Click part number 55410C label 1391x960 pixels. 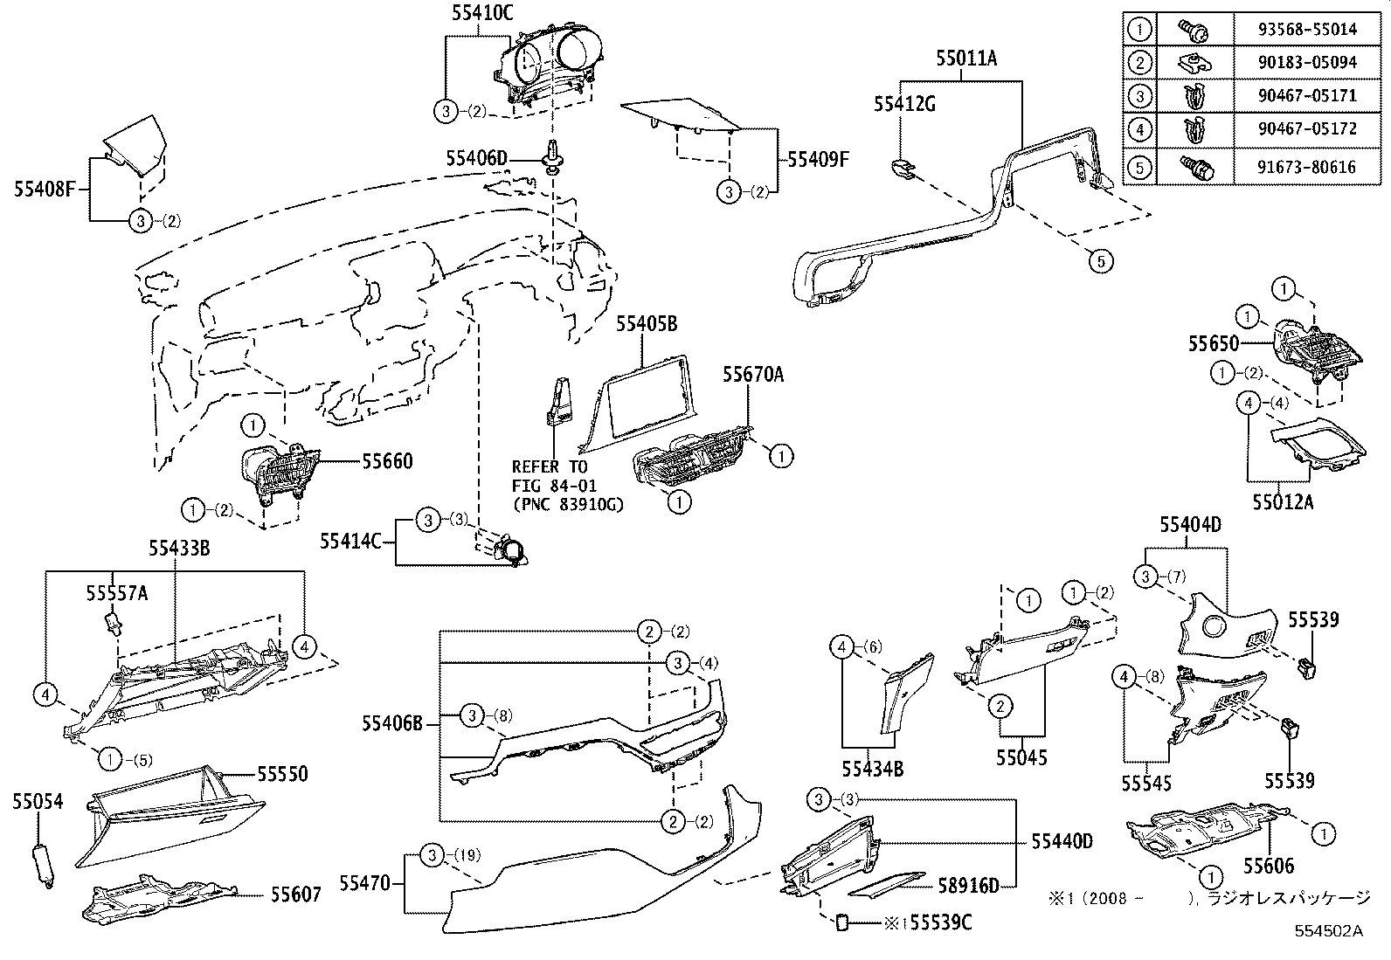click(482, 12)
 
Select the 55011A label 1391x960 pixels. click(966, 59)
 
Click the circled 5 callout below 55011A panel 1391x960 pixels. click(1101, 259)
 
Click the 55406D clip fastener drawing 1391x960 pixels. click(553, 158)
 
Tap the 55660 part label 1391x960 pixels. click(387, 460)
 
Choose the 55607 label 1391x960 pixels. click(295, 894)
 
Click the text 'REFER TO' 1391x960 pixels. click(549, 467)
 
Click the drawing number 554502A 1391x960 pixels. click(1329, 930)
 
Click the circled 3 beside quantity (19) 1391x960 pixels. click(433, 855)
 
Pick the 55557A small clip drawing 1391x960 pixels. click(110, 624)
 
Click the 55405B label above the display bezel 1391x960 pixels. click(647, 324)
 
